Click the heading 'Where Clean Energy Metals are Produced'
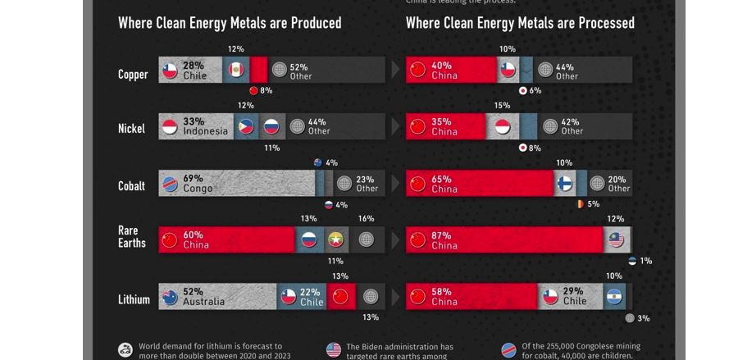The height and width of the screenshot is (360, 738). pyautogui.click(x=230, y=23)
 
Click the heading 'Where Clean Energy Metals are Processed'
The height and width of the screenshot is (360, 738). pyautogui.click(x=520, y=23)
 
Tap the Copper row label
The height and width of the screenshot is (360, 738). pyautogui.click(x=133, y=75)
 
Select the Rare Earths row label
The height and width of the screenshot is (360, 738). pyautogui.click(x=132, y=236)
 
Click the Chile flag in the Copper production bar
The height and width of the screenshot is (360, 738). pyautogui.click(x=170, y=71)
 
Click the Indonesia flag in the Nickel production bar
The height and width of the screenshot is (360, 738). pyautogui.click(x=170, y=127)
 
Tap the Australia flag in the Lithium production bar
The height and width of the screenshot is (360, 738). pyautogui.click(x=170, y=297)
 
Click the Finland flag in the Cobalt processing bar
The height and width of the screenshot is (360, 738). pyautogui.click(x=565, y=184)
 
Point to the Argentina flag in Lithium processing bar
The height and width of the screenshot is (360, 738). pyautogui.click(x=614, y=297)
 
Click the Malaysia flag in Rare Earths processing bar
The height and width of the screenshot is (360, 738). pyautogui.click(x=615, y=239)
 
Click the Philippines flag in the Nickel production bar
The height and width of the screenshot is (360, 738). pyautogui.click(x=245, y=127)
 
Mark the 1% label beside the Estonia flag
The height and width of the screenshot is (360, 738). pyautogui.click(x=646, y=261)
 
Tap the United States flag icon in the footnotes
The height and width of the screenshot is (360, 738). pyautogui.click(x=334, y=350)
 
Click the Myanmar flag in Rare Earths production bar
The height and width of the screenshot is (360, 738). pyautogui.click(x=335, y=239)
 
